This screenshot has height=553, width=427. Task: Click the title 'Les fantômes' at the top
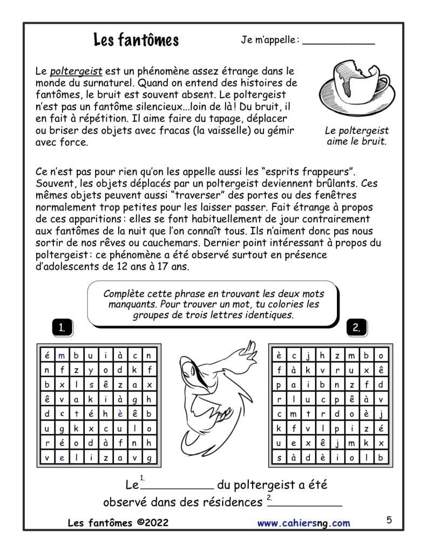136,40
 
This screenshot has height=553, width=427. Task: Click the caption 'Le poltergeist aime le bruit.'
357,136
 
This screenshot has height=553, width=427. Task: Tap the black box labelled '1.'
63,327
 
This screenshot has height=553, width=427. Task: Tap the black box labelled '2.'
357,327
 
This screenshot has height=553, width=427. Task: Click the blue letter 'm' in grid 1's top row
62,355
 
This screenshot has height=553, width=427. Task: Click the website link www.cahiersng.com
303,523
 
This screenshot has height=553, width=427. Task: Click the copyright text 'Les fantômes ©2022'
118,523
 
